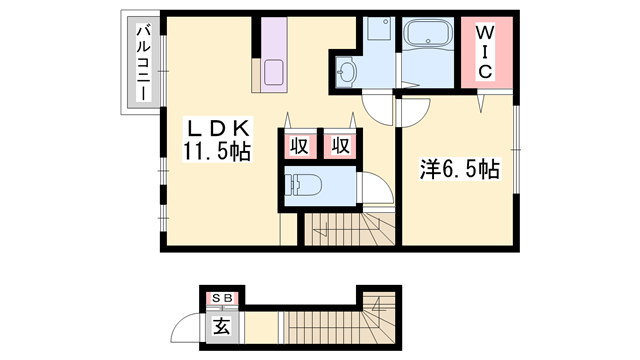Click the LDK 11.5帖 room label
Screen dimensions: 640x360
tap(217, 140)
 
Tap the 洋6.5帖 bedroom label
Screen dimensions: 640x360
tap(460, 169)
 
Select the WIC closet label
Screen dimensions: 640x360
tap(484, 52)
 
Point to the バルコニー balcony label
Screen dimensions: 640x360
tap(143, 62)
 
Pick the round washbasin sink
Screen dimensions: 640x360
tap(347, 72)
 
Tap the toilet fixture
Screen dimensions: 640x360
tap(304, 185)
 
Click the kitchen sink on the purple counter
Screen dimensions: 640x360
tap(273, 72)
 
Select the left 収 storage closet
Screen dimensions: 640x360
tap(300, 145)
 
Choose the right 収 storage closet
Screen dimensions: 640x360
tap(341, 145)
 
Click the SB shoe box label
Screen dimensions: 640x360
tap(223, 298)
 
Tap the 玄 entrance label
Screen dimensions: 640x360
tap(222, 327)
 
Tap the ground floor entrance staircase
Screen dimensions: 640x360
tap(340, 321)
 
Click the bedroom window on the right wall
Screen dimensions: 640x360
tap(516, 149)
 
